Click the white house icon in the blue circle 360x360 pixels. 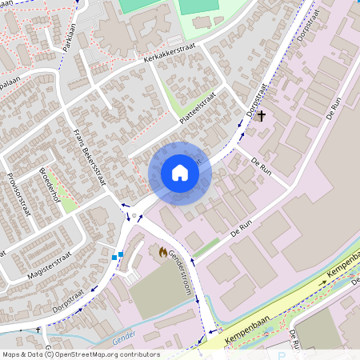point(180,173)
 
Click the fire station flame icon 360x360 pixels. point(163,252)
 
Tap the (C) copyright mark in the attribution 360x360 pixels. point(49,354)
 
